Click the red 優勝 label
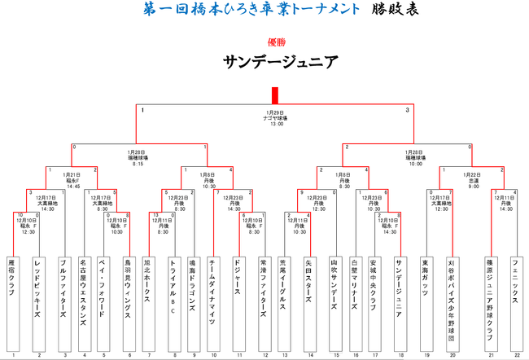click(x=275, y=42)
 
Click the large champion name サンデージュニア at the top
click(x=274, y=63)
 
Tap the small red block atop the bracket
click(x=275, y=94)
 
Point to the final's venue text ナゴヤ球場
click(x=274, y=118)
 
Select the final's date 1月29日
click(x=274, y=112)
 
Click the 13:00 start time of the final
click(x=274, y=124)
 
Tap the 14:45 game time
click(x=74, y=187)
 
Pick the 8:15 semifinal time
click(x=138, y=164)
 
